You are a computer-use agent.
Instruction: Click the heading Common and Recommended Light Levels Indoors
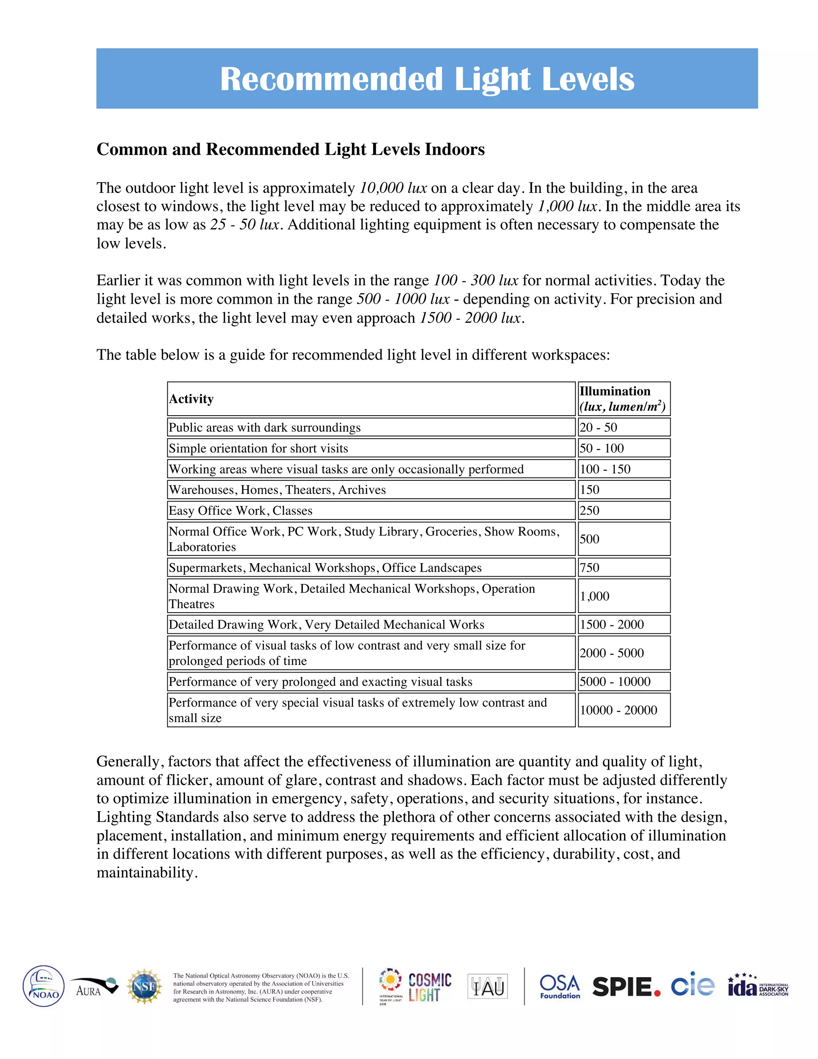(290, 149)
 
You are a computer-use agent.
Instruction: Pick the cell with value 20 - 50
(598, 427)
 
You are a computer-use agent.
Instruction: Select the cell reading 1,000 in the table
(595, 596)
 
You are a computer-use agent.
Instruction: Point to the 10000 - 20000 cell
(618, 710)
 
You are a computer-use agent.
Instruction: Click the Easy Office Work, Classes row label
(240, 511)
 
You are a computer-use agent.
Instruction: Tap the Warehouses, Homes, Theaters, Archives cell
(277, 490)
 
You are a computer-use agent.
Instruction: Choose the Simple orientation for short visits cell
(258, 448)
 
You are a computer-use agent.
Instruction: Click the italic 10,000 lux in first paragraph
(393, 188)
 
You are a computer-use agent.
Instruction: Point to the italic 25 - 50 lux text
(245, 225)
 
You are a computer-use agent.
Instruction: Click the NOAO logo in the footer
(44, 986)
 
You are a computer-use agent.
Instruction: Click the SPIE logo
(626, 987)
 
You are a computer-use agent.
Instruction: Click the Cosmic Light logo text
(429, 987)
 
